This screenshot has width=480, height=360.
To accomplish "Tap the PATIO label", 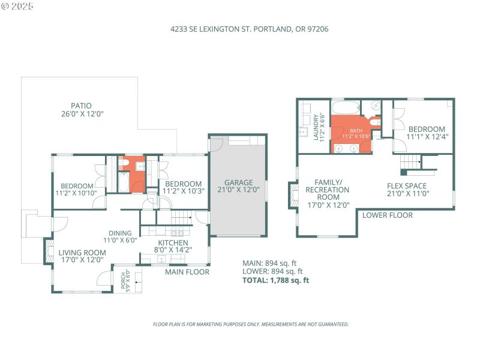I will point(81,109).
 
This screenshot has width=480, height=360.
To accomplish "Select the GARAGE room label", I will point(239,186).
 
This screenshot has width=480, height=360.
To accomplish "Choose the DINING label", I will point(120,237).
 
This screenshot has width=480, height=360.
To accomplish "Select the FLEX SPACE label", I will point(407,190).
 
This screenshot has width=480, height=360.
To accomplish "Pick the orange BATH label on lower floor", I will point(357,133).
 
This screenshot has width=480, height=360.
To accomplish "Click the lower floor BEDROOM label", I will point(427,133).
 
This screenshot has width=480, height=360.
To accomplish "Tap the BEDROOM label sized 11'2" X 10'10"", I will point(77,189).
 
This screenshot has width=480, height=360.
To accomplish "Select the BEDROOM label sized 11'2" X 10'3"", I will point(183,187).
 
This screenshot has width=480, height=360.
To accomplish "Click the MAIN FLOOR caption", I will point(187,272).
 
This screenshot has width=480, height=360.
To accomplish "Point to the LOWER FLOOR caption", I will point(387,215).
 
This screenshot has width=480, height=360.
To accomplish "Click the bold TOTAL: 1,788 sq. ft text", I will point(275,280).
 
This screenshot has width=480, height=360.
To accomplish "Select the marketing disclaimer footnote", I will point(250,324).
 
